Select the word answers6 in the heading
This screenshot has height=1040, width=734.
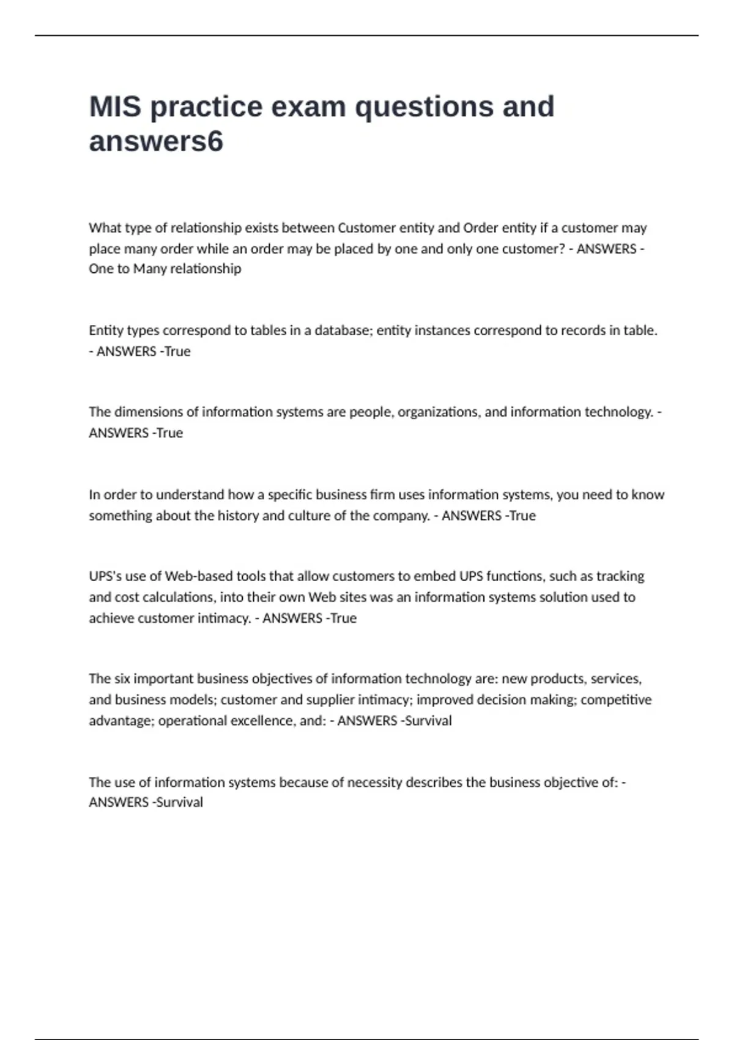click(156, 142)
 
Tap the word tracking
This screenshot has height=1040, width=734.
click(620, 576)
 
